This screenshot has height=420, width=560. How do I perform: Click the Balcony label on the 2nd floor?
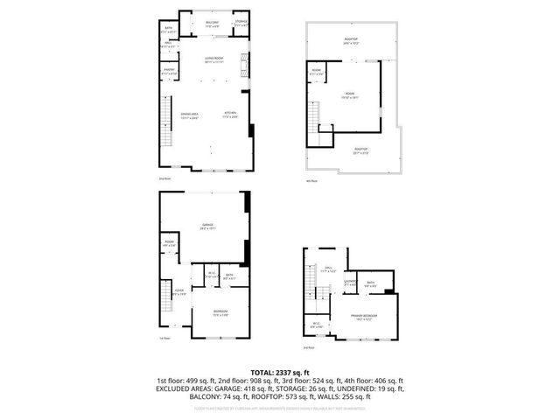pos(212,22)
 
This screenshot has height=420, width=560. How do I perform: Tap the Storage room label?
pos(241,22)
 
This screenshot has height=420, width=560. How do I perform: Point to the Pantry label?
pos(170,72)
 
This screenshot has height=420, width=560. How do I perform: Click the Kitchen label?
pos(230,114)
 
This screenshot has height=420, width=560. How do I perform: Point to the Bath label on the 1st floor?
pos(229,276)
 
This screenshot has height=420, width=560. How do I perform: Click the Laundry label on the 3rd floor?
pos(349,282)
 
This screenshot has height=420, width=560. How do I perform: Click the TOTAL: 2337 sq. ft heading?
pos(280,372)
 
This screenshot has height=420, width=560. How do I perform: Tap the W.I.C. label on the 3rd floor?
pos(316,325)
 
